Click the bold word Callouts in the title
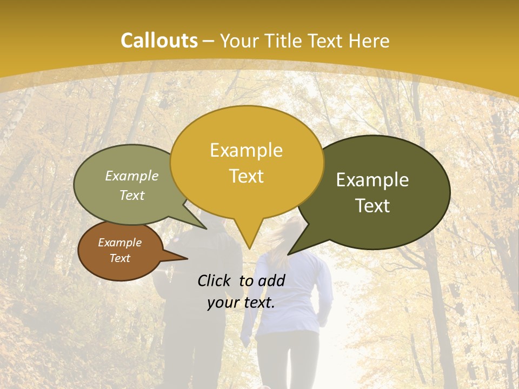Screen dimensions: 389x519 coord(159,41)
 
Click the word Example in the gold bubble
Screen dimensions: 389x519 coord(246,150)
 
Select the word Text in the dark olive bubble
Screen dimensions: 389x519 coord(372,206)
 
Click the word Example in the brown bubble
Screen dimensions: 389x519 coord(119,243)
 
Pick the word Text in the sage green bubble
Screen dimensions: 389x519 coord(132,195)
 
